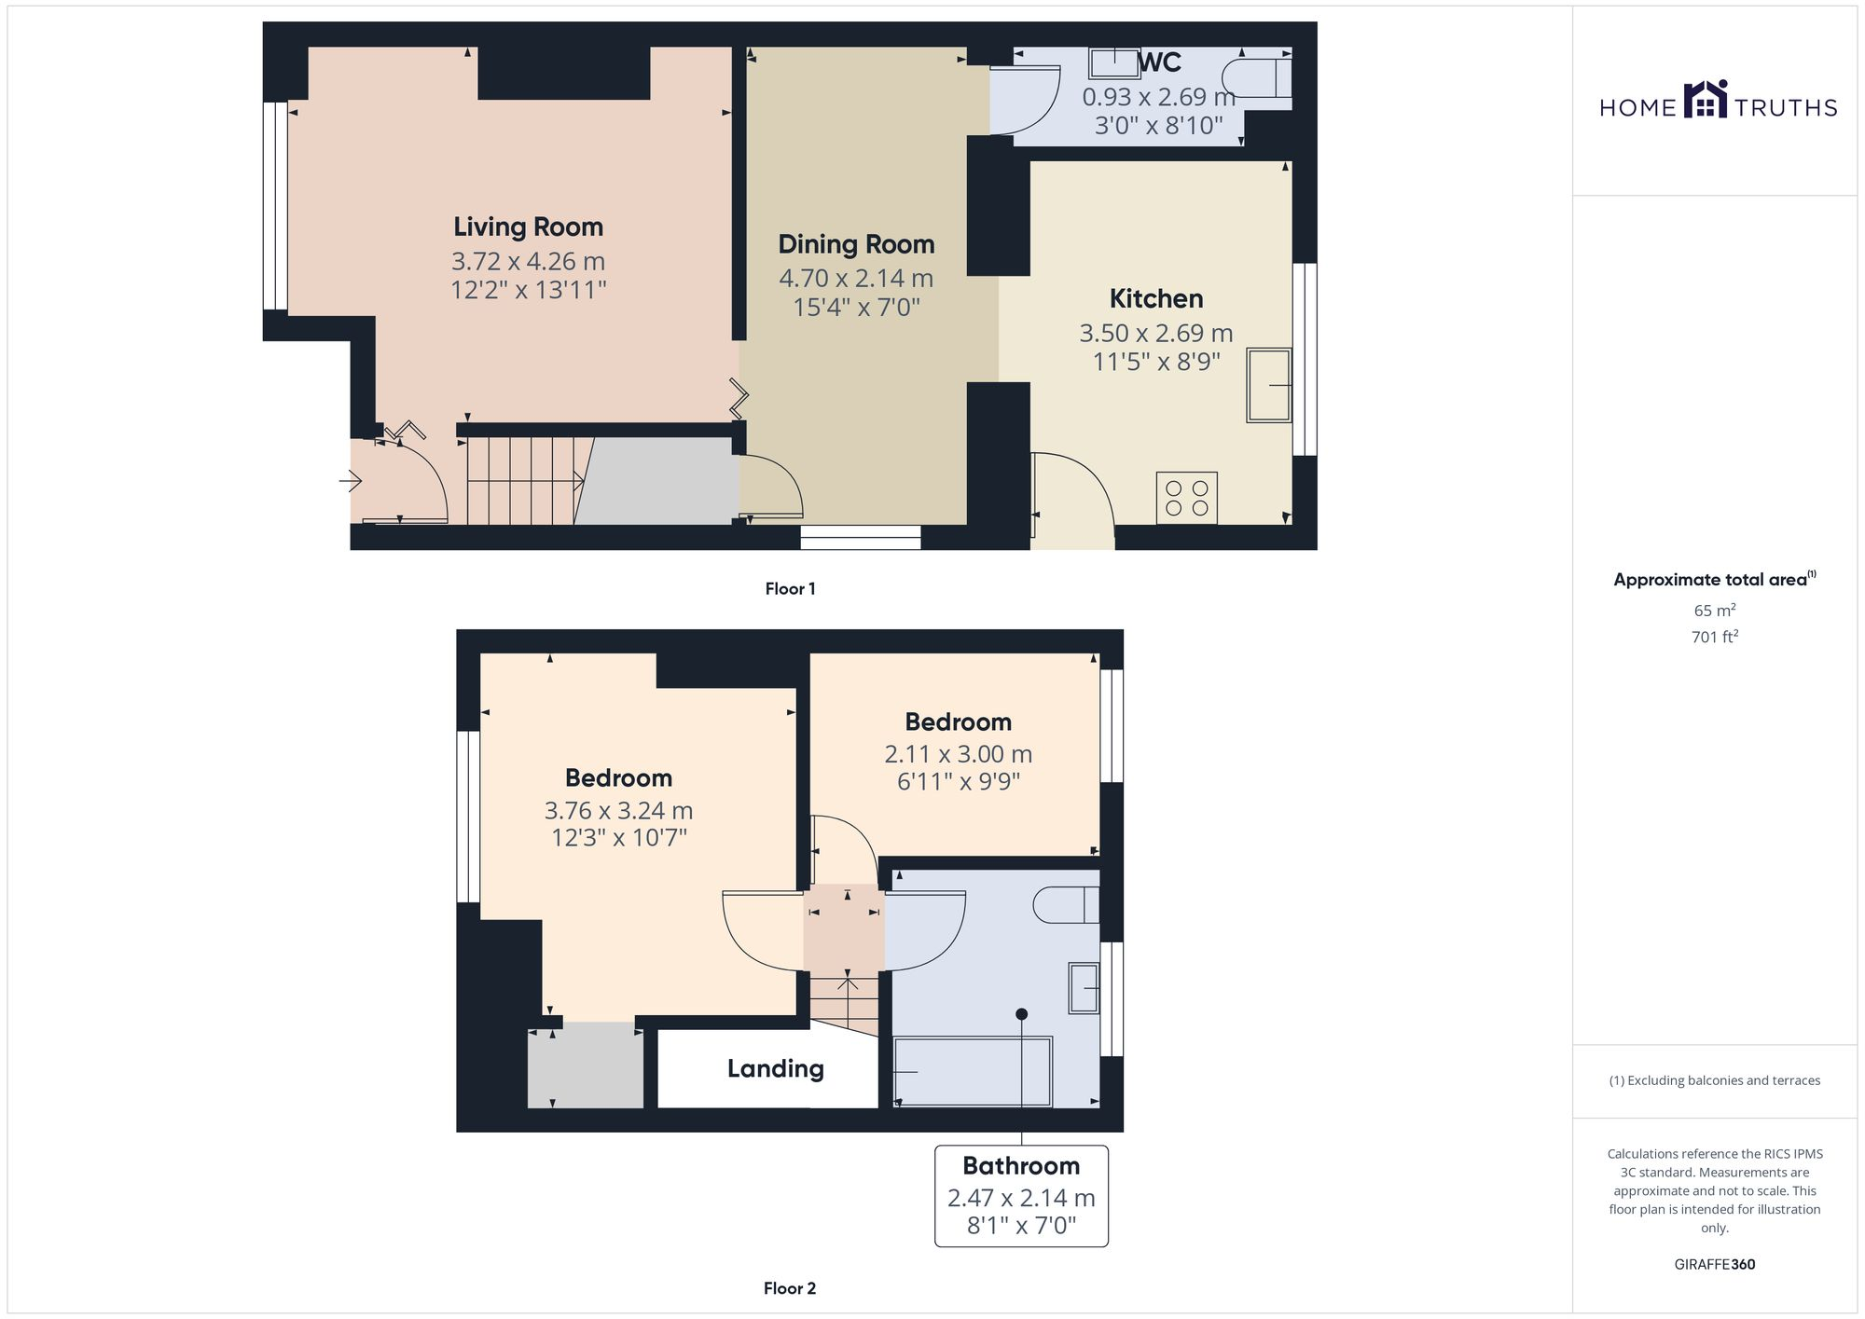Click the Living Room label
tap(528, 227)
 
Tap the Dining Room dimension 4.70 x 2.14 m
tap(856, 278)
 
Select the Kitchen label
tap(1155, 298)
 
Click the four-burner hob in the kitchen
tap(1186, 498)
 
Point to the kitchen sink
tap(1268, 385)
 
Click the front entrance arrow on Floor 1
tap(351, 481)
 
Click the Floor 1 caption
tap(790, 588)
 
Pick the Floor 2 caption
tap(789, 1288)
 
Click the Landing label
tap(775, 1068)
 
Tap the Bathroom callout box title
tap(1021, 1165)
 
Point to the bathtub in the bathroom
tap(973, 1072)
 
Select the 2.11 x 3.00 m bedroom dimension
tap(958, 753)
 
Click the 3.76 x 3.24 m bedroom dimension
tap(618, 810)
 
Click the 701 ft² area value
tap(1714, 638)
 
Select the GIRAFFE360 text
tap(1714, 1264)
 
